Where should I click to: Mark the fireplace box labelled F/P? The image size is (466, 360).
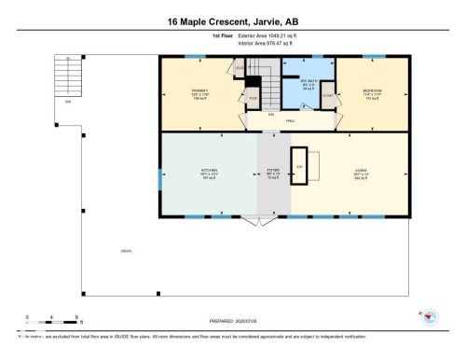tap(300, 166)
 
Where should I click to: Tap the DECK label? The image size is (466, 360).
tap(125, 251)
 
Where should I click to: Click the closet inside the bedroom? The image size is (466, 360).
tap(328, 94)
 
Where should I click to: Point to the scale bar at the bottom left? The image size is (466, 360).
tap(52, 323)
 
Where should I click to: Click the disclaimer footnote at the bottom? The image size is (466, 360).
tap(186, 336)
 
